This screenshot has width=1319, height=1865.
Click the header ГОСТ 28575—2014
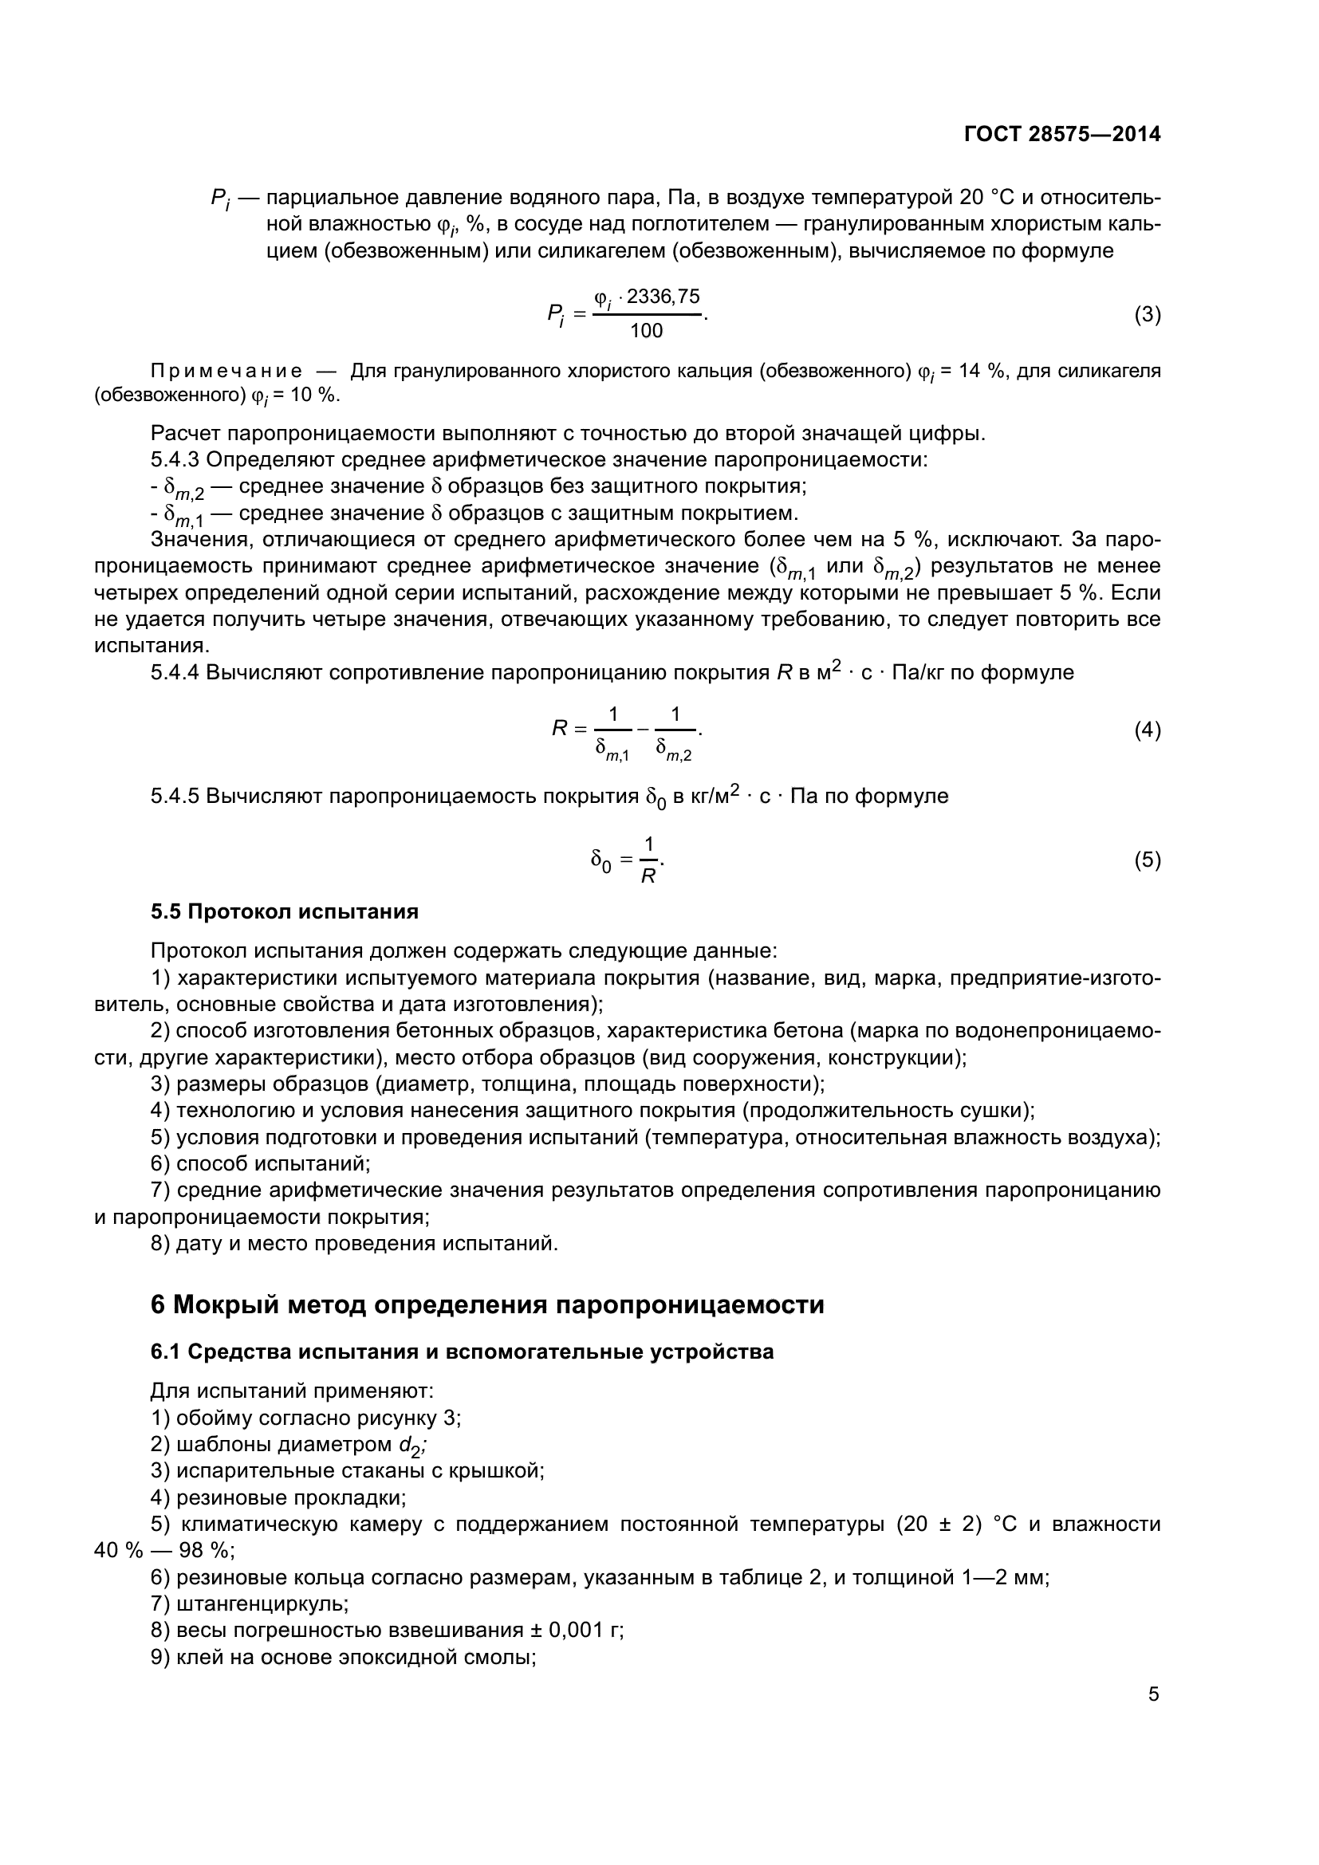coord(1061,134)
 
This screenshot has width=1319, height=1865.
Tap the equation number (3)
coord(1147,314)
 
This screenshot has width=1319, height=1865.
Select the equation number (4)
coord(1147,730)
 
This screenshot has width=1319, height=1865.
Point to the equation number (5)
coord(1147,860)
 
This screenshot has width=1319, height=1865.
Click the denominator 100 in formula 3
coord(647,331)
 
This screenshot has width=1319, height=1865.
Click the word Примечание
coord(226,372)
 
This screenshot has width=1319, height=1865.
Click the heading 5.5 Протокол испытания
coord(284,911)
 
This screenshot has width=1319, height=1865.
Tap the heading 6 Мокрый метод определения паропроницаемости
coord(487,1305)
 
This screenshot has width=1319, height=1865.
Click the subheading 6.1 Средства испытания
coord(461,1352)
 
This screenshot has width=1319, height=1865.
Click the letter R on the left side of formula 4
coord(560,729)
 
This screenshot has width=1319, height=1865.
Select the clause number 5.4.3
coord(175,460)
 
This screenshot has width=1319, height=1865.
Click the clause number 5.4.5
coord(175,796)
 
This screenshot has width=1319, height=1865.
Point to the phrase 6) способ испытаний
coord(260,1164)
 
